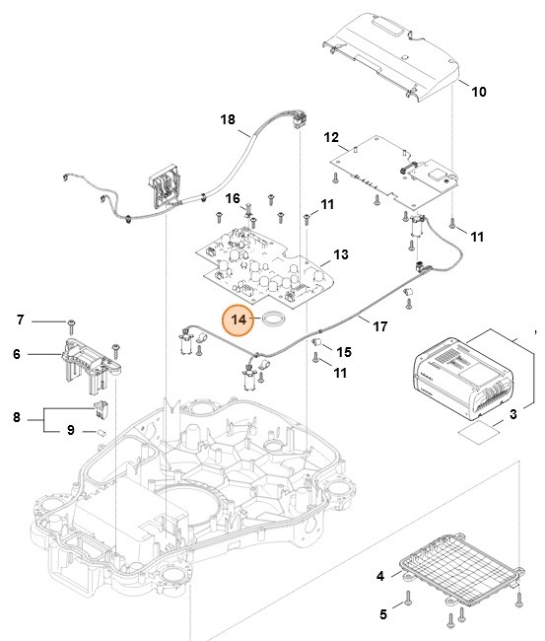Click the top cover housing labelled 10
pos(394,58)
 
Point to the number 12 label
pos(331,137)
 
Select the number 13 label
pos(341,254)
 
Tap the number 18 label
pos(228,119)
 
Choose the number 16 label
pos(233,198)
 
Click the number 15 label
pos(344,352)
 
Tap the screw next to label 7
pos(72,321)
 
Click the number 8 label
pos(17,417)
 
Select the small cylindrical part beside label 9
pos(100,432)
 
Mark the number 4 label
pos(381,575)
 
